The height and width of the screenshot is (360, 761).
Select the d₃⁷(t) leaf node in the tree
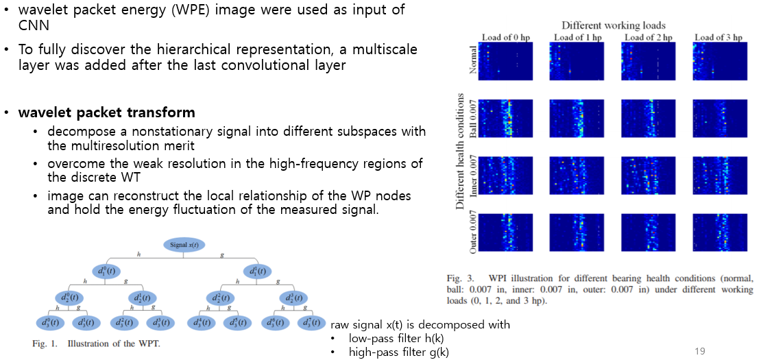pyautogui.click(x=311, y=323)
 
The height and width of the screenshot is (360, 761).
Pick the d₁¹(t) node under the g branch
pyautogui.click(x=257, y=272)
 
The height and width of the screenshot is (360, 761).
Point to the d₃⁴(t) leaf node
pyautogui.click(x=202, y=323)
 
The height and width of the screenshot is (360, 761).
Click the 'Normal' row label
pyautogui.click(x=473, y=60)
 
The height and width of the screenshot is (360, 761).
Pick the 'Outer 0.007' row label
pyautogui.click(x=473, y=234)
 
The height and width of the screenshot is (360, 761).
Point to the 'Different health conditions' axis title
pyautogui.click(x=461, y=151)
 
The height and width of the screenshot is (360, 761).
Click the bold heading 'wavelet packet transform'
pyautogui.click(x=106, y=112)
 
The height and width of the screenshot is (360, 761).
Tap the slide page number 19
pyautogui.click(x=700, y=351)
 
